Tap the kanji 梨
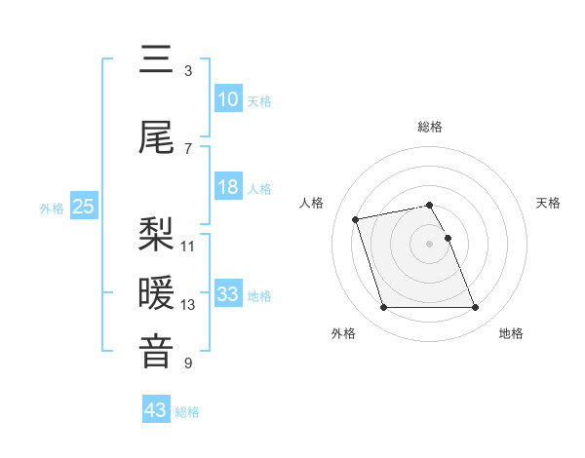[156, 234]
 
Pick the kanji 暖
[156, 293]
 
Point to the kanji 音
[156, 352]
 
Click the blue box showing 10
[228, 99]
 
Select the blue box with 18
[228, 187]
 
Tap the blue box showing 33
[228, 294]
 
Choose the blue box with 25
[83, 207]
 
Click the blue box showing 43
[155, 410]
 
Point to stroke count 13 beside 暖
[188, 305]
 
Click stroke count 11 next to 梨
[188, 246]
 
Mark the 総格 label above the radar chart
[430, 127]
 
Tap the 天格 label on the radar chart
[548, 203]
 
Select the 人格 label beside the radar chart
[312, 203]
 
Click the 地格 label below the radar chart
[511, 333]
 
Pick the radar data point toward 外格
[383, 308]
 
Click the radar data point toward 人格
[356, 218]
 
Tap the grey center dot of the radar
[430, 243]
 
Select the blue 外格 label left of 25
[52, 208]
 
